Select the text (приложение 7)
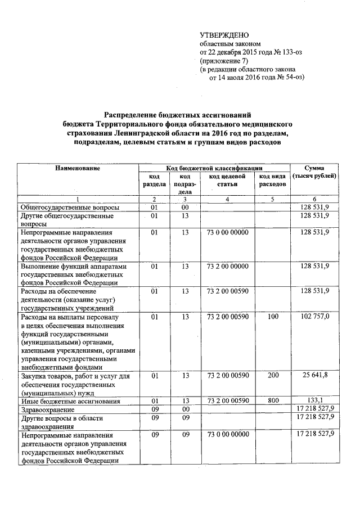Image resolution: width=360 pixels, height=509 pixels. tap(224, 61)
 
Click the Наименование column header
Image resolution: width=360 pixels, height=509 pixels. tap(78, 168)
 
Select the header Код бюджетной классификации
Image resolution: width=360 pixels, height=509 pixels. tap(214, 168)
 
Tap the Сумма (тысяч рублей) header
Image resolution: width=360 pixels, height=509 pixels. tap(314, 172)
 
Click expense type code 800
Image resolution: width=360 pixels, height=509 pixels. tap(273, 400)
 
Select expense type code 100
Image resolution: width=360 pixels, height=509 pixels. tap(273, 317)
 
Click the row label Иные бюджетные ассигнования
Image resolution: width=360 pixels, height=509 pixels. tap(70, 401)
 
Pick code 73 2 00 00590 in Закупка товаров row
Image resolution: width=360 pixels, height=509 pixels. tap(227, 375)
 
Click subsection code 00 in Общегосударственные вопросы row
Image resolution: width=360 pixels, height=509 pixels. tap(184, 208)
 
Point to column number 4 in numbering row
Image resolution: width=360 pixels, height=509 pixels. tap(227, 199)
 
